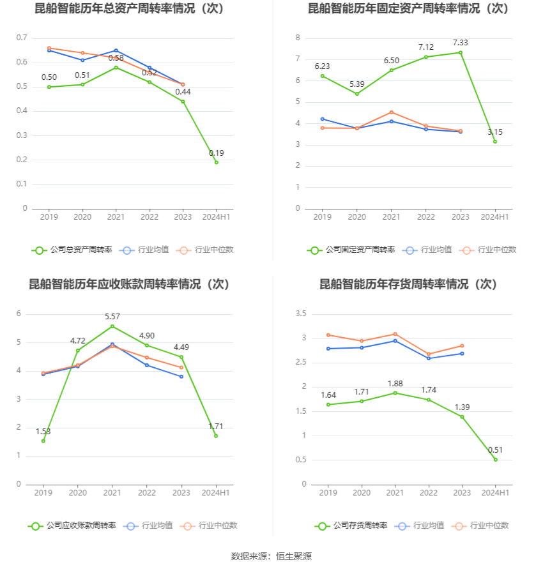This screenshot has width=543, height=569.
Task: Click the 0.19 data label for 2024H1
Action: coord(216,153)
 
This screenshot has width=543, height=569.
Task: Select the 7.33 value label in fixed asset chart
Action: coord(460,43)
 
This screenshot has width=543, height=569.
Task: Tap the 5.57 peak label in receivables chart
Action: coord(112,317)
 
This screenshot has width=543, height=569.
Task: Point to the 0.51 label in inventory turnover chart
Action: coord(495,450)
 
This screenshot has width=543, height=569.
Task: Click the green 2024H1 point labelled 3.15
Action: coord(495,141)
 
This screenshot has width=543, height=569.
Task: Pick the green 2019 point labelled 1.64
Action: coord(328,404)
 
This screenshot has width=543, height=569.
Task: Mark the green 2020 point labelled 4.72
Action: coord(78,350)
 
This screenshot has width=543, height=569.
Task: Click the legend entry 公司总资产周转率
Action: coord(72,250)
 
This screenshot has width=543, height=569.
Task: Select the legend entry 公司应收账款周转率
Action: coord(72,526)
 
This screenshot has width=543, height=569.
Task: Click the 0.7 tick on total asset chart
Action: coord(22,38)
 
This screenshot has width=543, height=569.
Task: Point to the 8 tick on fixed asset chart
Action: coord(297,38)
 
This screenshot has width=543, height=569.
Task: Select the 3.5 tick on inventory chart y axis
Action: coord(300,314)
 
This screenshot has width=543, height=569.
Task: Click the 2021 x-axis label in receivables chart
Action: coord(112,492)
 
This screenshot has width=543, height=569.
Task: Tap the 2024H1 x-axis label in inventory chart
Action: coord(494,492)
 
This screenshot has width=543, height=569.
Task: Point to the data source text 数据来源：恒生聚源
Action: coord(271,556)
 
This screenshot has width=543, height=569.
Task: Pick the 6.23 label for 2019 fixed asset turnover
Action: coord(323,66)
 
